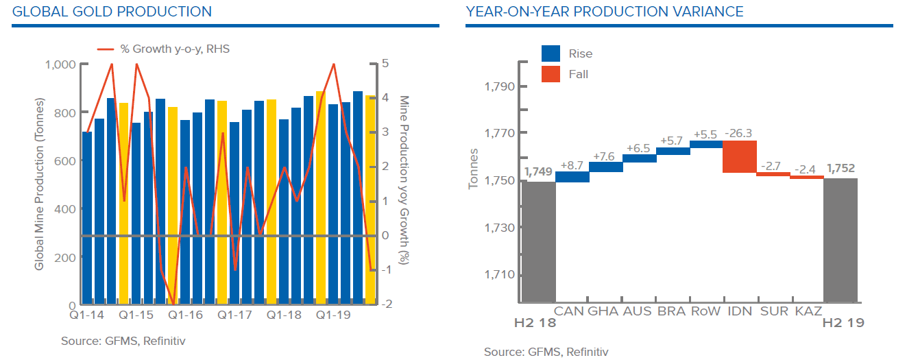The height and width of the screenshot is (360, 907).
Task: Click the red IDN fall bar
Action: [740, 156]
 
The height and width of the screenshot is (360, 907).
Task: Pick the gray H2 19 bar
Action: [841, 240]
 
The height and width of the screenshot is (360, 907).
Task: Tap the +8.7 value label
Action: [572, 165]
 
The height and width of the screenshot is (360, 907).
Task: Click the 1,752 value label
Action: [841, 168]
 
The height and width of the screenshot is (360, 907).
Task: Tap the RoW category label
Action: [706, 311]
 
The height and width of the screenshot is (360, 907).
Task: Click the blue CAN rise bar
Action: [572, 177]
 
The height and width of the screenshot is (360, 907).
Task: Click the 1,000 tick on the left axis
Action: [60, 64]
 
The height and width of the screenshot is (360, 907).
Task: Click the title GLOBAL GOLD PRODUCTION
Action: [112, 12]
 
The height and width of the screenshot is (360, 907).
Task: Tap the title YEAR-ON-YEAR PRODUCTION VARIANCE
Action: [604, 12]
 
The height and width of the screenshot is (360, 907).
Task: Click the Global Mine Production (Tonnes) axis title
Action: [39, 184]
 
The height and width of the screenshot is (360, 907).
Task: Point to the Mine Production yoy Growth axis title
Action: [404, 180]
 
